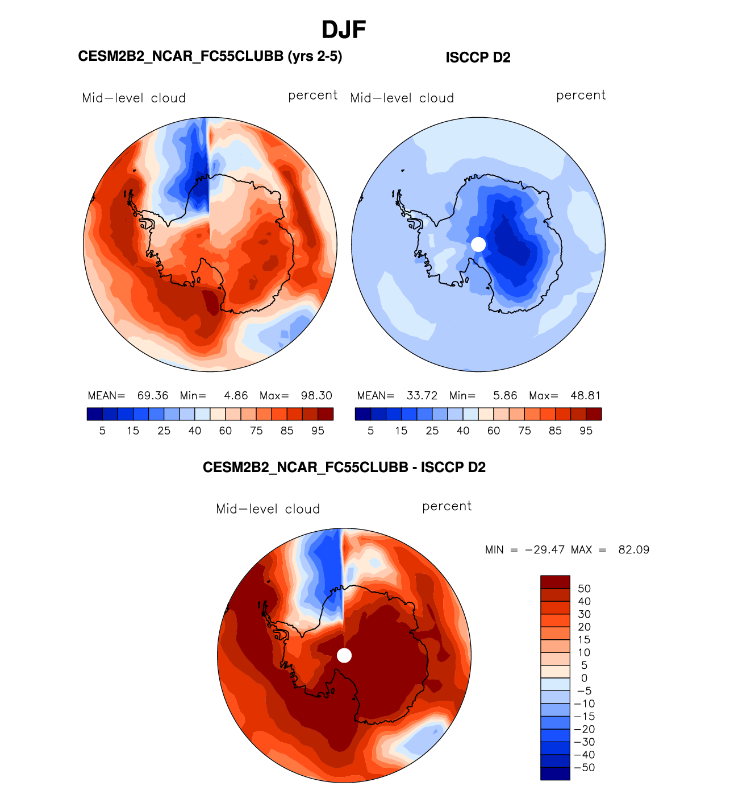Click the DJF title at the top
[344, 30]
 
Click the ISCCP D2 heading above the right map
[478, 57]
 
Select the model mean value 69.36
[153, 396]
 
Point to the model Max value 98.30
[316, 396]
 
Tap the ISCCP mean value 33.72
[422, 396]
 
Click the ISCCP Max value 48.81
[586, 396]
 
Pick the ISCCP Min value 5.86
[505, 396]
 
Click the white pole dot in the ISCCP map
[478, 245]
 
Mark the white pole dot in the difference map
[344, 656]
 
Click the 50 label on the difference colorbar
[584, 589]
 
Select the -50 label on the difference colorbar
[585, 768]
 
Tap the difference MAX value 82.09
[633, 550]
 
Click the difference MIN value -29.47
[545, 550]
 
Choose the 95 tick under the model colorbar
[318, 431]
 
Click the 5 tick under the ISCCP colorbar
[370, 431]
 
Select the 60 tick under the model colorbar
[226, 431]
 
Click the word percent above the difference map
[447, 506]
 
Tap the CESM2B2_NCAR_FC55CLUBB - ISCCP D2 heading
[344, 468]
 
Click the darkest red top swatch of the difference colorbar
[555, 582]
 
